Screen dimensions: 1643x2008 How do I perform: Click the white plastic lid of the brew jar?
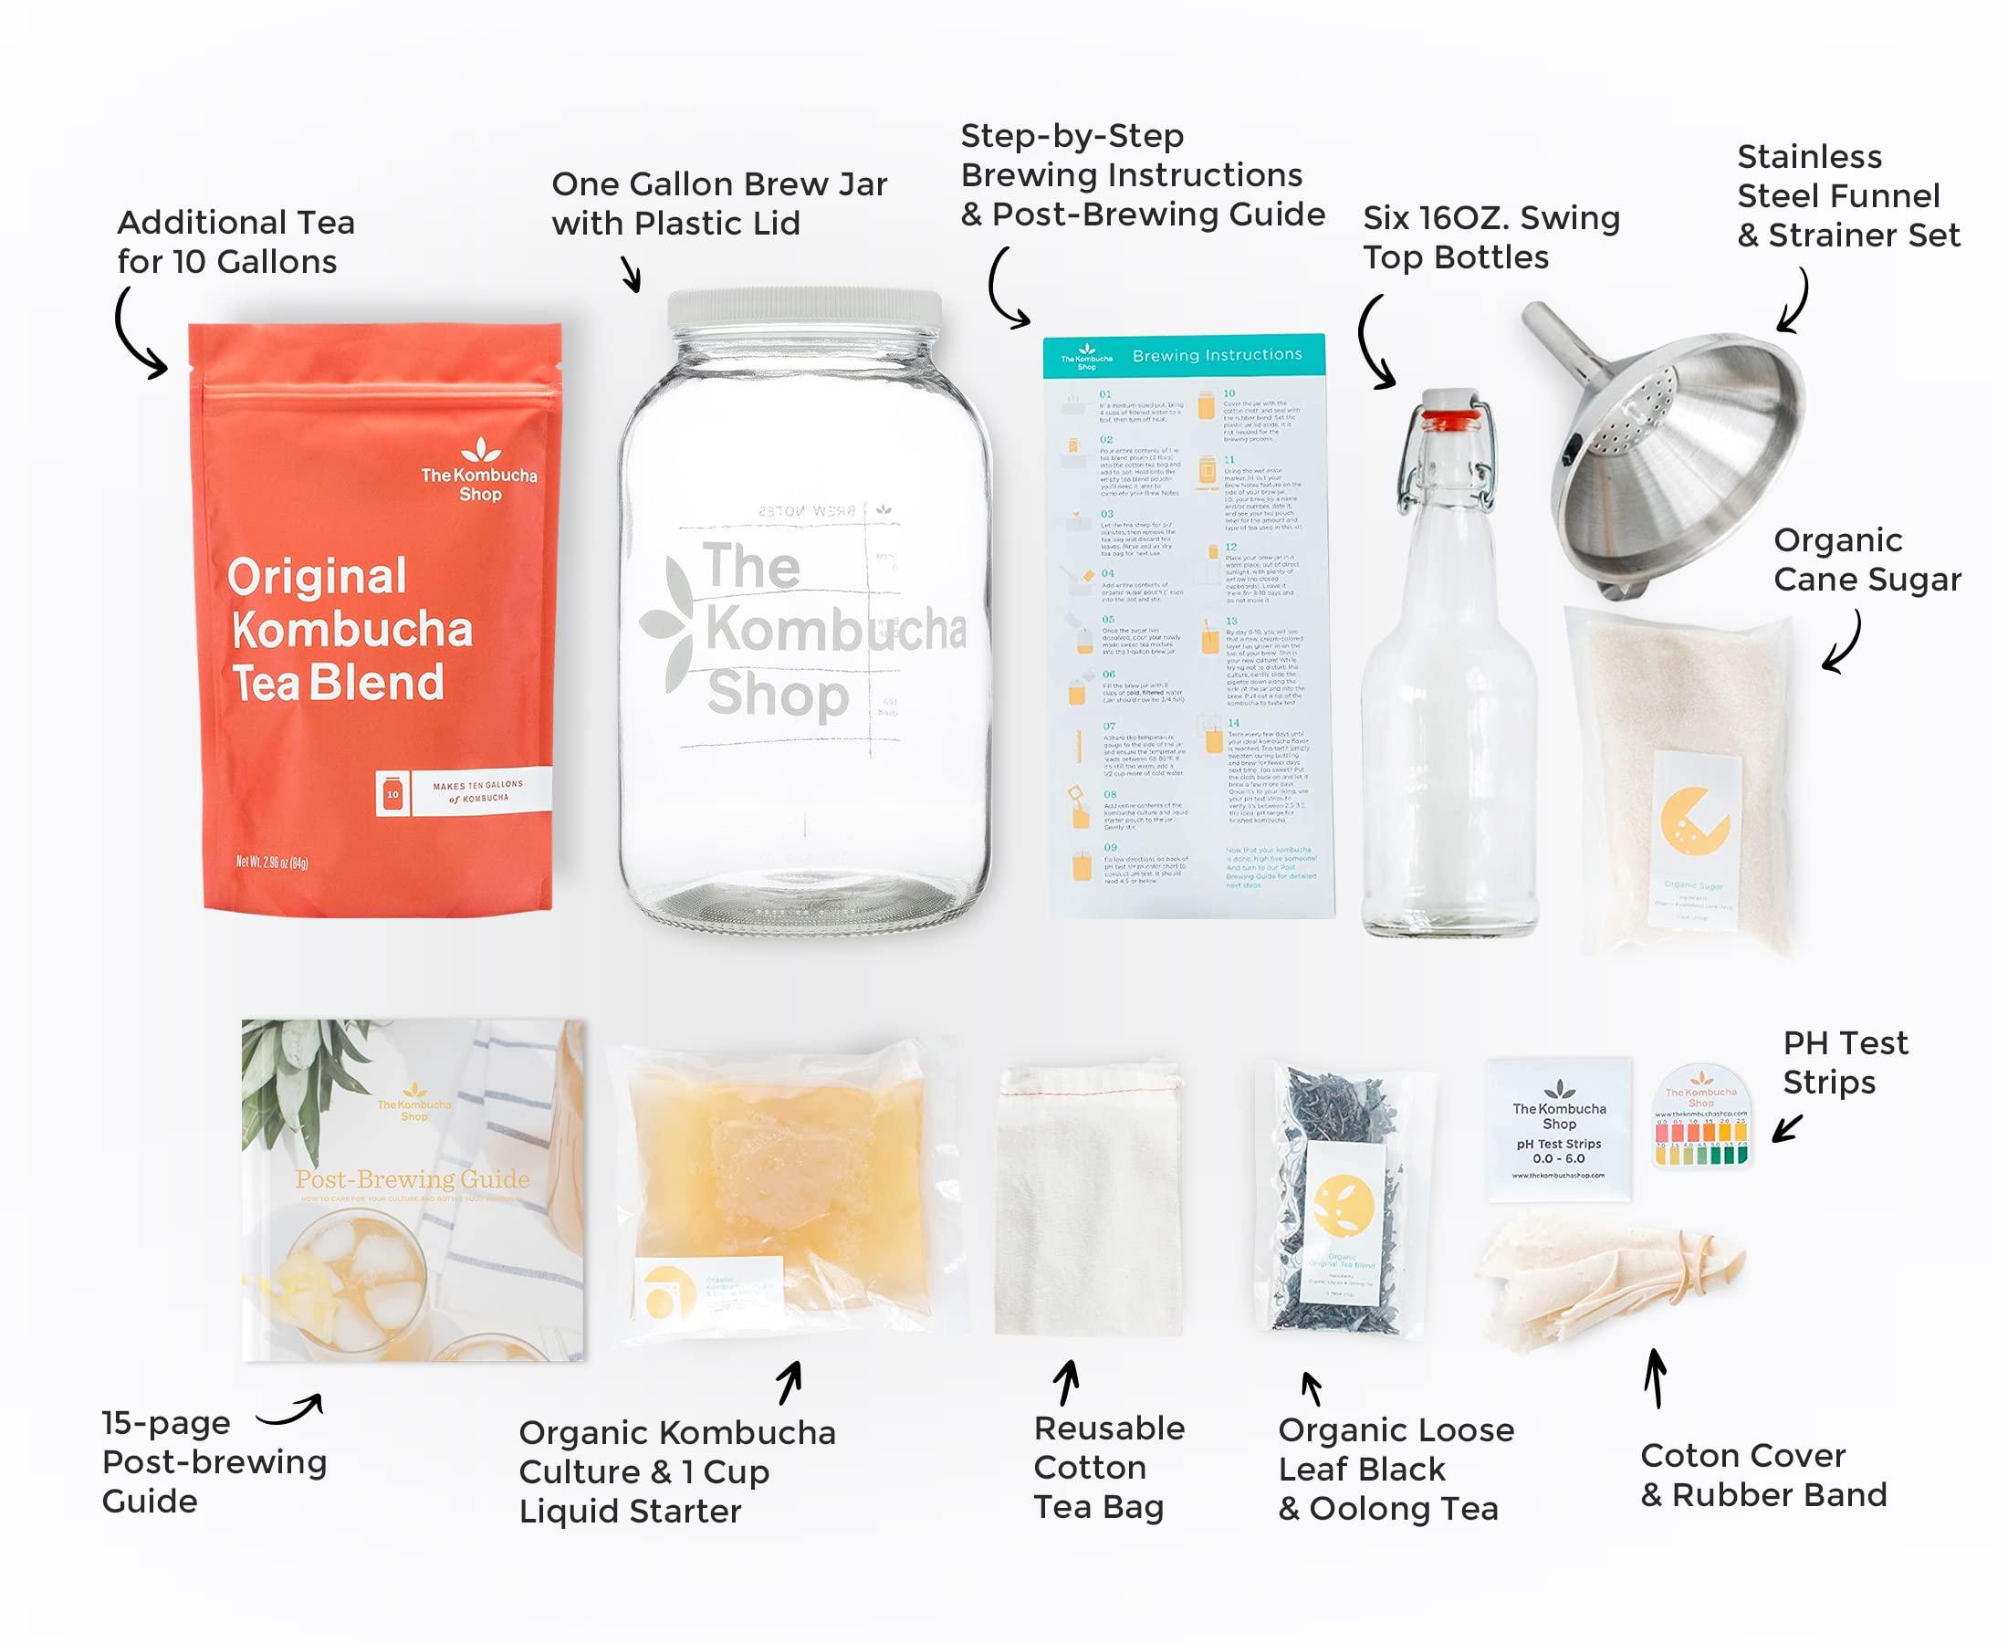[804, 309]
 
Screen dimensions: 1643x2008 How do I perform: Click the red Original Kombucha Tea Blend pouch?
[379, 615]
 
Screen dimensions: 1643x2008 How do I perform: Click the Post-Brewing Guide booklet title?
[412, 1179]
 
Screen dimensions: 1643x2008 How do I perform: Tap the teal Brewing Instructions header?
[1183, 356]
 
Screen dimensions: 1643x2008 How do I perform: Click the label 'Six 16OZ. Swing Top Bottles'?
[1490, 237]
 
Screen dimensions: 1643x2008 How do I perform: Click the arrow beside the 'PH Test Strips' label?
[1786, 1128]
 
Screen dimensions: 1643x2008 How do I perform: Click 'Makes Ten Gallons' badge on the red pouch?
[464, 791]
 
